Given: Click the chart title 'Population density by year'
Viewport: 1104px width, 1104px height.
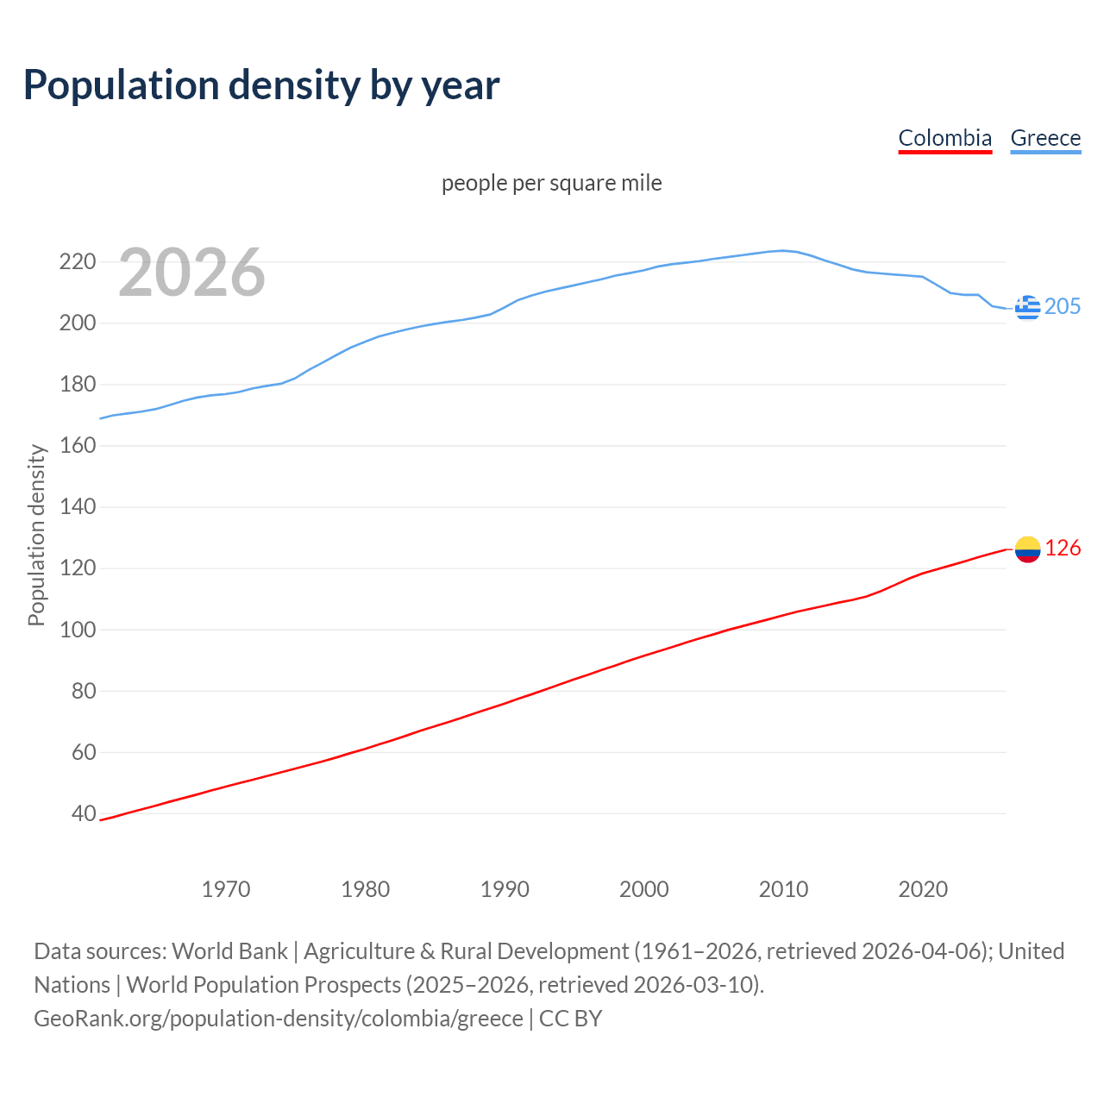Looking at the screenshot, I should [261, 85].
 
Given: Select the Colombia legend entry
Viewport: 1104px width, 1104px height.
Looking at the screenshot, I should [944, 138].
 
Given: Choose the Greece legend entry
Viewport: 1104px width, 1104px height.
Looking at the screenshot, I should [1045, 138].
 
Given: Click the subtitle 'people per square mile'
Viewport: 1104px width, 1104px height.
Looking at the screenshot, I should [552, 183].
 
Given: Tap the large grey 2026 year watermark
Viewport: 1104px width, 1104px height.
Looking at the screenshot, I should [191, 273].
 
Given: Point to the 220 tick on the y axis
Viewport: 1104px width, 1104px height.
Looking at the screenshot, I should [77, 261].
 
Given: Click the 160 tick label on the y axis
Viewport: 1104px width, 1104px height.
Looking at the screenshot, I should [77, 445].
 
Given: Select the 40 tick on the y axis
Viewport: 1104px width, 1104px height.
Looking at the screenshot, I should [84, 813].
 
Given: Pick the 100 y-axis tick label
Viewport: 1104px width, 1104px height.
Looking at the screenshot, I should [77, 630].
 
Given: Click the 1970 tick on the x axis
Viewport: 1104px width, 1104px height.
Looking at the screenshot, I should [226, 888].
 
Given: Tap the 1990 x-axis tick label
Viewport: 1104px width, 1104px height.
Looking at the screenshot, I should [505, 888].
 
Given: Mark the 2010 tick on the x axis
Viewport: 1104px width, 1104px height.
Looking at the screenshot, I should [783, 888].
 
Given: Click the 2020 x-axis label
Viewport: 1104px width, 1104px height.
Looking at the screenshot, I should [923, 888].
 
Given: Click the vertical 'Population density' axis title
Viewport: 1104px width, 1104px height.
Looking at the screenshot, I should [36, 535].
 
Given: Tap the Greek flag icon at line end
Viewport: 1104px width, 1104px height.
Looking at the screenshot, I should [1027, 307].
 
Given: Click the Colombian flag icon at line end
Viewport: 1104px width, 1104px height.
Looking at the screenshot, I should [1027, 549].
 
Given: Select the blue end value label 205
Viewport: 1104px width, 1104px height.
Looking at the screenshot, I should [1063, 307].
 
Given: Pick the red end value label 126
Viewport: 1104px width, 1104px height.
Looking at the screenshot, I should [1063, 549].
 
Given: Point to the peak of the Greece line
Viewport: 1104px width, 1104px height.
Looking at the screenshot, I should [782, 250].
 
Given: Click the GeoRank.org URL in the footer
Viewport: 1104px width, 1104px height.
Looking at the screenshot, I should [278, 1019].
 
